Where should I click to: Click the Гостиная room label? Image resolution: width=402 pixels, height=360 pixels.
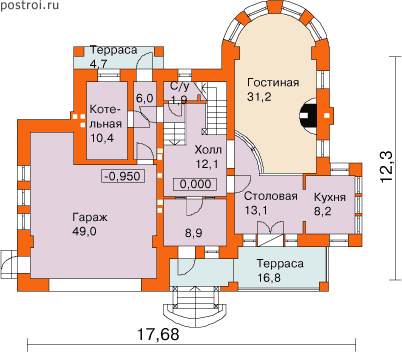273,82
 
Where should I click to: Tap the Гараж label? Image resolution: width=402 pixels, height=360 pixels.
90,218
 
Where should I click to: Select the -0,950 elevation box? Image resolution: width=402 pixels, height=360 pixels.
124,176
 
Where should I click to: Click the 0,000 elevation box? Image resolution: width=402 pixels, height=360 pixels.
195,184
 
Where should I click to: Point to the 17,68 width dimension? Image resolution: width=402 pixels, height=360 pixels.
158,334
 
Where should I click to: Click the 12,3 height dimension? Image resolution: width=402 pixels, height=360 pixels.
387,166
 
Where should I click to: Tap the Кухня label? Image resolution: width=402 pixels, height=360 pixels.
330,197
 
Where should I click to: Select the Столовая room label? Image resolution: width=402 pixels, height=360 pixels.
271,196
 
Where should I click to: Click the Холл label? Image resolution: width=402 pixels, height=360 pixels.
208,150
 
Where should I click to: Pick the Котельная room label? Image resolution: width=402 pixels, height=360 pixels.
106,117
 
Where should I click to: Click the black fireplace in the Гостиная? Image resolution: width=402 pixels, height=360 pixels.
307,116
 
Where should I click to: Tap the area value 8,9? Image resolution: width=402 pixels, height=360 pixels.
194,233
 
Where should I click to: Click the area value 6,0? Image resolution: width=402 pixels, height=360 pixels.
144,99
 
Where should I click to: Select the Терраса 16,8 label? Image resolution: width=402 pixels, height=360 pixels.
280,270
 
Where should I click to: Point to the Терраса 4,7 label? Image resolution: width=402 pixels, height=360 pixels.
113,56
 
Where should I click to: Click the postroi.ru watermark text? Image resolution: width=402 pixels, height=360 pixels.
29,5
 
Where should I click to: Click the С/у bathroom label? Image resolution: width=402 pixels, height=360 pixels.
180,87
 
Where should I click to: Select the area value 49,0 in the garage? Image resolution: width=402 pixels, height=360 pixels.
84,231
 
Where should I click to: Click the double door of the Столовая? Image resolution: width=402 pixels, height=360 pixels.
271,229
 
